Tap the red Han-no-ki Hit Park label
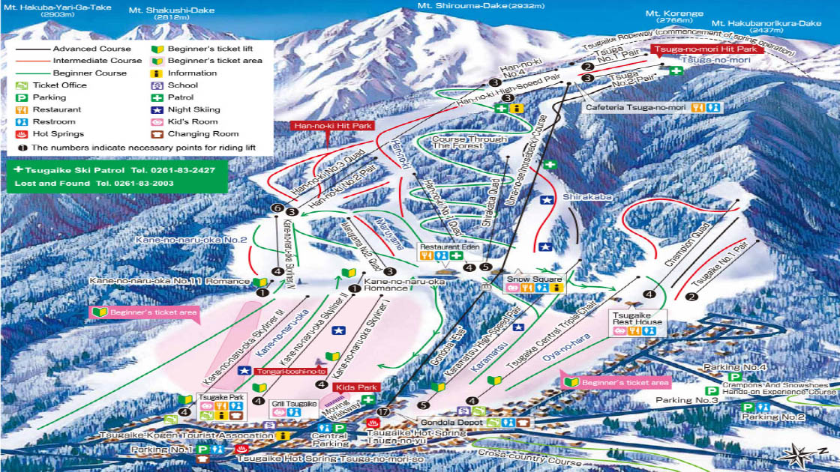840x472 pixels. [332, 126]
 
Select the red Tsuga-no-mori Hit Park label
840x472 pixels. [706, 49]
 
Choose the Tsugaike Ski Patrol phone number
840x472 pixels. [178, 171]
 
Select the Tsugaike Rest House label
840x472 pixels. [637, 318]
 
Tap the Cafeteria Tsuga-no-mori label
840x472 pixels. [636, 107]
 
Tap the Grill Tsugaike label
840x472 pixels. [289, 403]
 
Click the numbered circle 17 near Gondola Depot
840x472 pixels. [384, 412]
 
